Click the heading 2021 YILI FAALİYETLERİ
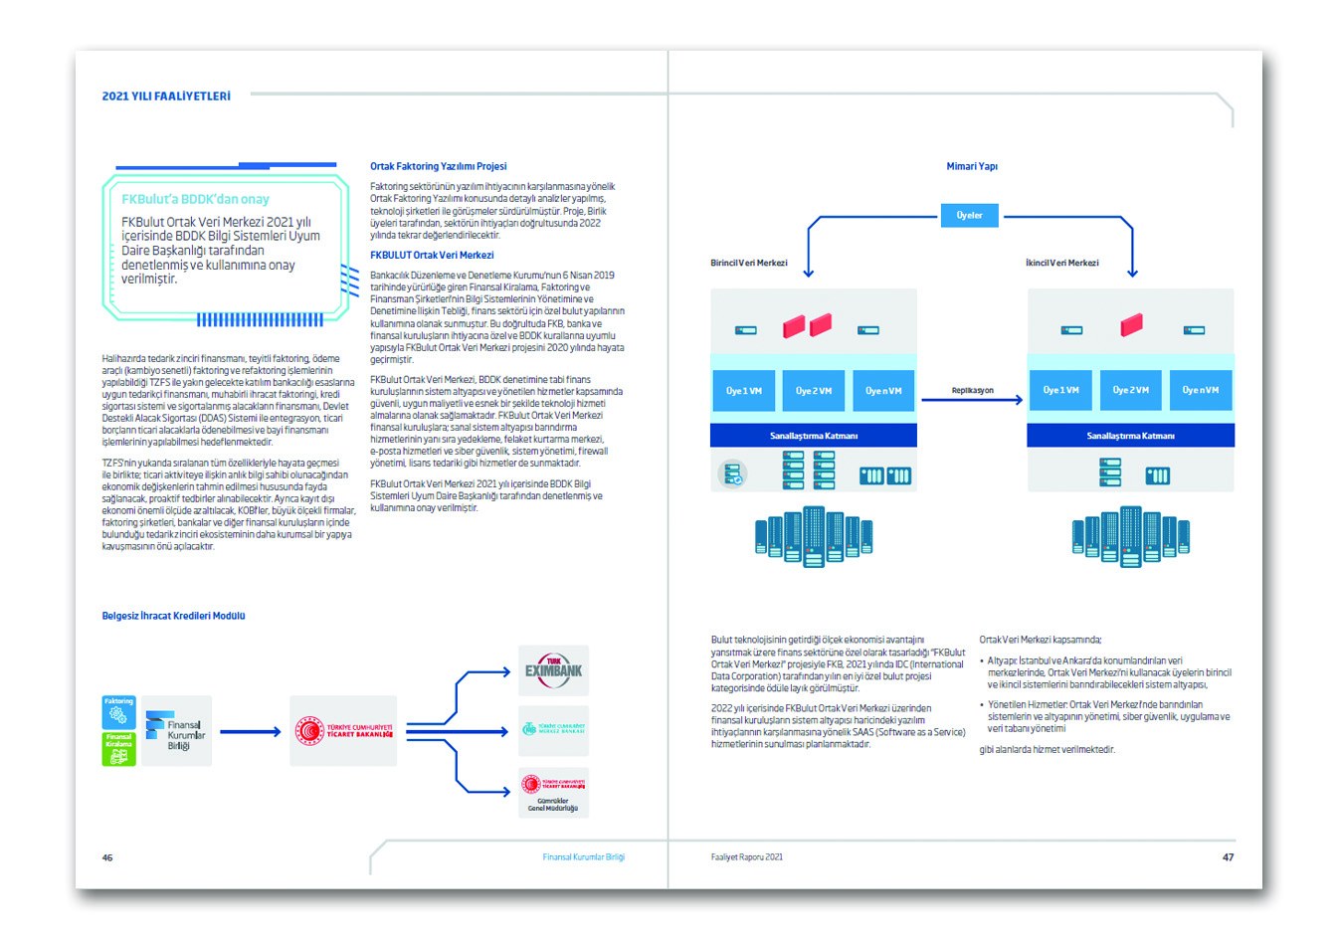point(166,96)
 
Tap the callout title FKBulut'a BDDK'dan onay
point(195,199)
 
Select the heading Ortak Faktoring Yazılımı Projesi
point(438,166)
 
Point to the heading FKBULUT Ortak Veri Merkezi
point(432,256)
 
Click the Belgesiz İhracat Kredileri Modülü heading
point(173,616)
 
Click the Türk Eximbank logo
point(553,670)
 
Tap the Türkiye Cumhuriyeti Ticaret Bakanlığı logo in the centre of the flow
point(344,731)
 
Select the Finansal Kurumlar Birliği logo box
point(176,731)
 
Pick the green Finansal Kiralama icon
point(118,749)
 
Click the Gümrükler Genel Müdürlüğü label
point(553,804)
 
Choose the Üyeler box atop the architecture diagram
point(969,215)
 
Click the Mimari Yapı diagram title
point(971,166)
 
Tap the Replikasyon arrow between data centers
point(972,400)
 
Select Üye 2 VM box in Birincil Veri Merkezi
point(813,391)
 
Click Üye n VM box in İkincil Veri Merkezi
point(1200,390)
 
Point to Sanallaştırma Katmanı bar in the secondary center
point(1130,436)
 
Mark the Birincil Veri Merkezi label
point(748,263)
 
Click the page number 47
point(1228,856)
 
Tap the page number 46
point(107,857)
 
